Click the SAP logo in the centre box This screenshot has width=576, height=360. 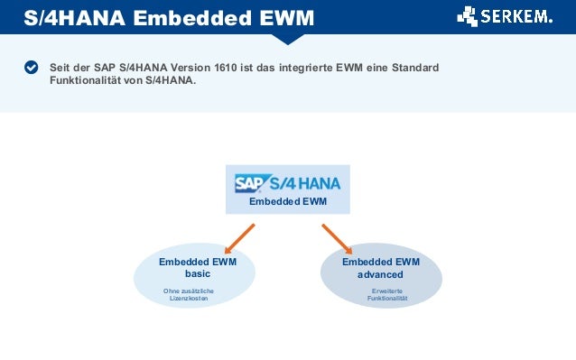point(249,183)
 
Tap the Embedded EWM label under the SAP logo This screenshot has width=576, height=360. point(288,202)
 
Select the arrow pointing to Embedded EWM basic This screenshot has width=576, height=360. point(238,239)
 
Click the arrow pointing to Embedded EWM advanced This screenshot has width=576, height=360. point(337,239)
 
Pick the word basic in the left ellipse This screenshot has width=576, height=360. point(197,273)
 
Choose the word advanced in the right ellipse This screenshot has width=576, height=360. point(381,274)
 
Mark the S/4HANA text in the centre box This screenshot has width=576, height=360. point(304,183)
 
